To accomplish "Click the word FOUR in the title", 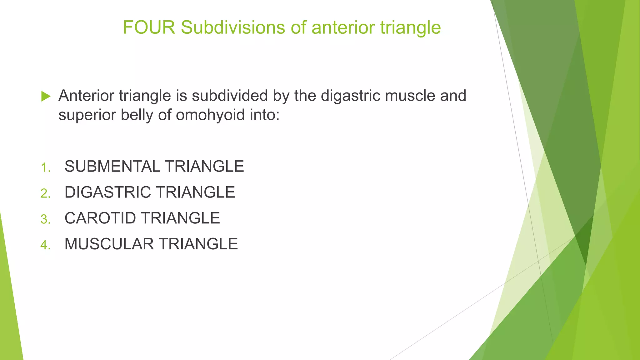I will (149, 27).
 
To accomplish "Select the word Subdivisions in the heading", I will (233, 27).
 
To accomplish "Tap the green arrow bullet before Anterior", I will (46, 96).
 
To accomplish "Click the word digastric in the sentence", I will (351, 96).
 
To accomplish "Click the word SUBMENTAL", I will (112, 166).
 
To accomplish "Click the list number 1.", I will (45, 168).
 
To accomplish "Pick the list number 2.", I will (45, 194).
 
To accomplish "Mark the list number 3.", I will (45, 220).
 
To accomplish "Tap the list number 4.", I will (45, 246).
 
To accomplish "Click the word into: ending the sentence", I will (264, 115).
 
